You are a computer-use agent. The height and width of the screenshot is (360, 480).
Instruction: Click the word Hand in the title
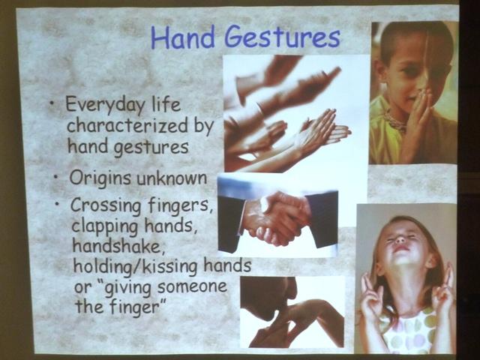point(182,38)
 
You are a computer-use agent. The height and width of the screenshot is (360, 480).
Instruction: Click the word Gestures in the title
point(282,38)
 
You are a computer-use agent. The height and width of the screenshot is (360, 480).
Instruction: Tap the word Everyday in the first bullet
point(105,105)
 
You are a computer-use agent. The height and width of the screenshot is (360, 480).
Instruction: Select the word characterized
point(127,125)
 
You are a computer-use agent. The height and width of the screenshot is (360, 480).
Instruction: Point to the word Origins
point(100,178)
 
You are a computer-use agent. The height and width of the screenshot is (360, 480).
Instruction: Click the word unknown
point(172,178)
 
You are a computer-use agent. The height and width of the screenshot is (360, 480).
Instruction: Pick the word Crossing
point(105,205)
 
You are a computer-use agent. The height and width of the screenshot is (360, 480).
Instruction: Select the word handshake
point(118,245)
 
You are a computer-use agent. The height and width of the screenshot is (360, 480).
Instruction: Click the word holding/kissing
point(136,266)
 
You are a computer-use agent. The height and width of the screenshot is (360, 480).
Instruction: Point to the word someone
point(192,286)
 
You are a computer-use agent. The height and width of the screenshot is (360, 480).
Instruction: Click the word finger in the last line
point(135,306)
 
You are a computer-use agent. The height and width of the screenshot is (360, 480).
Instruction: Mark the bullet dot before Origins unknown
point(56,177)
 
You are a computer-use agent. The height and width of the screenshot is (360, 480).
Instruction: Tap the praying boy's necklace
point(395,121)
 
